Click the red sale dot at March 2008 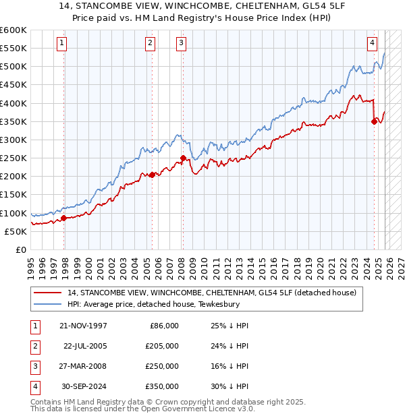(183, 158)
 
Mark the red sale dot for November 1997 (63, 218)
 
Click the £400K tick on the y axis (13, 103)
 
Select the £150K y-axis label (13, 195)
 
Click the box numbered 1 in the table (33, 326)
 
